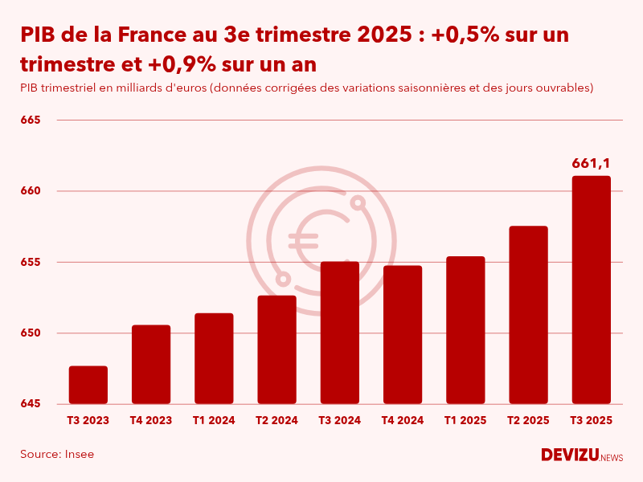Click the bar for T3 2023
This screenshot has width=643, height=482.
coord(88,385)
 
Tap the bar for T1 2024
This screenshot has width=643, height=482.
coord(214,358)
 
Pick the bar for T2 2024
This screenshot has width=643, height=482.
coord(276,349)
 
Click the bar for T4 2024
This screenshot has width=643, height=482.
coord(403,334)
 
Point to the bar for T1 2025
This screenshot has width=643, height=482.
coord(465,330)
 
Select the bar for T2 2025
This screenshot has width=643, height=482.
coord(528,315)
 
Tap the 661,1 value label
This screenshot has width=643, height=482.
coord(591,164)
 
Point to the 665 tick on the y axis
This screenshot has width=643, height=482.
coord(31,120)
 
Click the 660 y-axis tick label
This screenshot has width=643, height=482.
coord(31,191)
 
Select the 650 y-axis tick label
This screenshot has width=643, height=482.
coord(31,333)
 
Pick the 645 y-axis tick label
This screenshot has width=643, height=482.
coord(31,403)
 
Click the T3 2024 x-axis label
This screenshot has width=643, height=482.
coord(339,420)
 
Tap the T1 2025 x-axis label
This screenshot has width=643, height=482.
coord(465,420)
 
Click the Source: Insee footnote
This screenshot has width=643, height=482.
coord(57,455)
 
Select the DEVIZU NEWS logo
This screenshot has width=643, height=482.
coord(581,455)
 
